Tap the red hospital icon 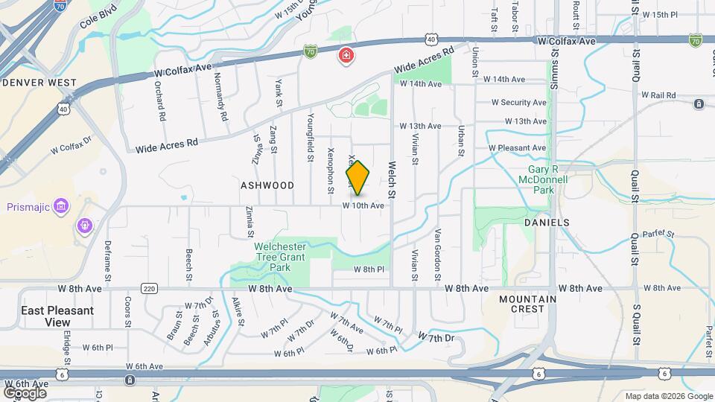tap(346, 55)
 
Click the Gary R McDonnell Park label tap(544, 179)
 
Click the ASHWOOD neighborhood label tap(267, 185)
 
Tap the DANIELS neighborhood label tap(546, 223)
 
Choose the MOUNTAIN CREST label tap(528, 304)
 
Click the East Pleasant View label tap(57, 316)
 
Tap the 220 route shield tap(149, 289)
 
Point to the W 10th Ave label tap(363, 205)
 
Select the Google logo tap(25, 392)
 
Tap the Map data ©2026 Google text tap(668, 396)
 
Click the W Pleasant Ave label tap(518, 148)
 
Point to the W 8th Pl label tap(368, 269)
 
